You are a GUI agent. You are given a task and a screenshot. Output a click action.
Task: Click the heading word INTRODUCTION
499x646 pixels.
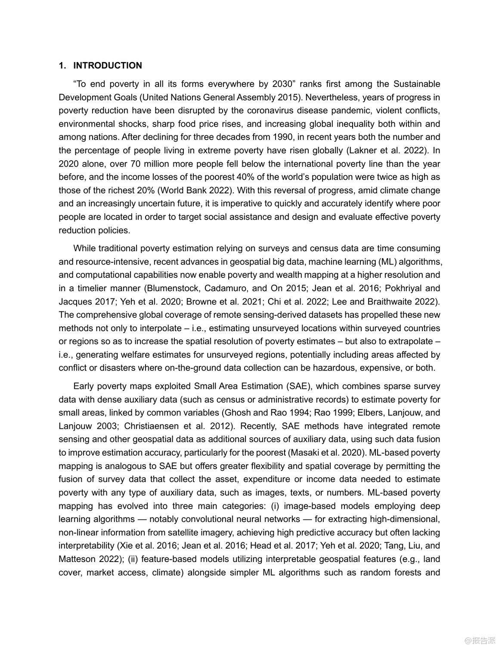pyautogui.click(x=107, y=65)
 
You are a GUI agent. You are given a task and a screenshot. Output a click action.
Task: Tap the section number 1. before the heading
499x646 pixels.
pyautogui.click(x=62, y=65)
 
